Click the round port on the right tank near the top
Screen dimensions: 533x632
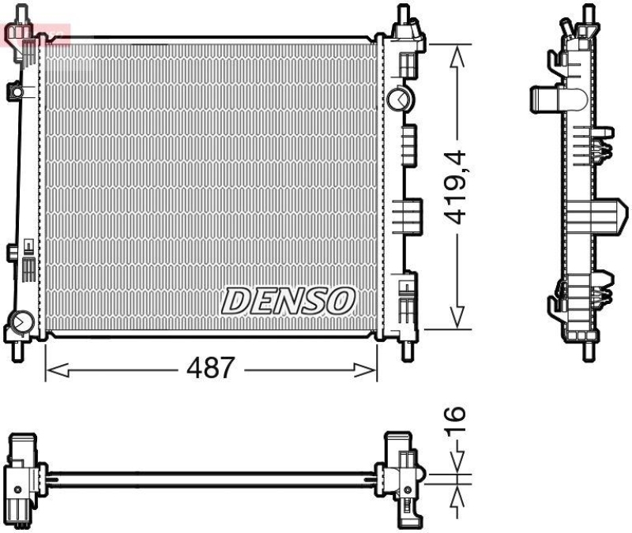click(397, 99)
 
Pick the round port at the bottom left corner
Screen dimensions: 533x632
click(21, 323)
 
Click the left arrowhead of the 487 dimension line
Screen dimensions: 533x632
click(52, 369)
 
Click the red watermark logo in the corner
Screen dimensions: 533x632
click(36, 33)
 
